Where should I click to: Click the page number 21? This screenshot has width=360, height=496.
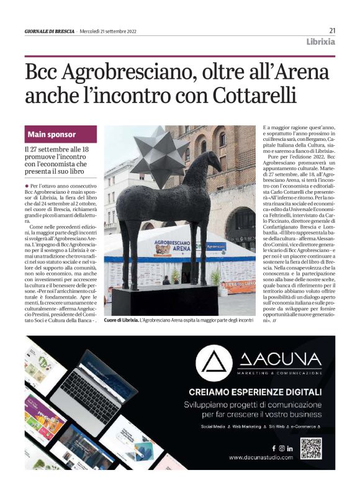pos(332,30)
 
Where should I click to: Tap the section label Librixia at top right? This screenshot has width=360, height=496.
pos(320,42)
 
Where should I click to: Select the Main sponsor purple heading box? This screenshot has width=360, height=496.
pos(61,134)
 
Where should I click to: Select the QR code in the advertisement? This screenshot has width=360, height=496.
pos(311,448)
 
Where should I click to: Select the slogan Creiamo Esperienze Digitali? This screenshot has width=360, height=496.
pos(255,392)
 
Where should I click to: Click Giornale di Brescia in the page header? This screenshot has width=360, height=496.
pos(50,30)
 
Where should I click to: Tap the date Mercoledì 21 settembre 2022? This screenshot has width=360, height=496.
pos(108,30)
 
